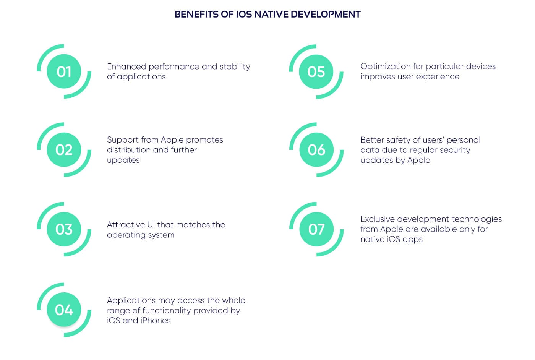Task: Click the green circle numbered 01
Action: tap(64, 71)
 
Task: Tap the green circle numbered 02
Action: tap(64, 150)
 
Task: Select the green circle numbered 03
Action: tap(64, 229)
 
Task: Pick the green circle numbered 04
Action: tap(64, 310)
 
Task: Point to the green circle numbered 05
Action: tap(316, 72)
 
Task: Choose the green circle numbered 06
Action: tap(316, 150)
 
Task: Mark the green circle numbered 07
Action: tap(316, 229)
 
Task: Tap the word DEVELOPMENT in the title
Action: tap(326, 15)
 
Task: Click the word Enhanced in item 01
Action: tap(126, 66)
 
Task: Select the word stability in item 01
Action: tap(235, 67)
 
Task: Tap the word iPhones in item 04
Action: tap(156, 320)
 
